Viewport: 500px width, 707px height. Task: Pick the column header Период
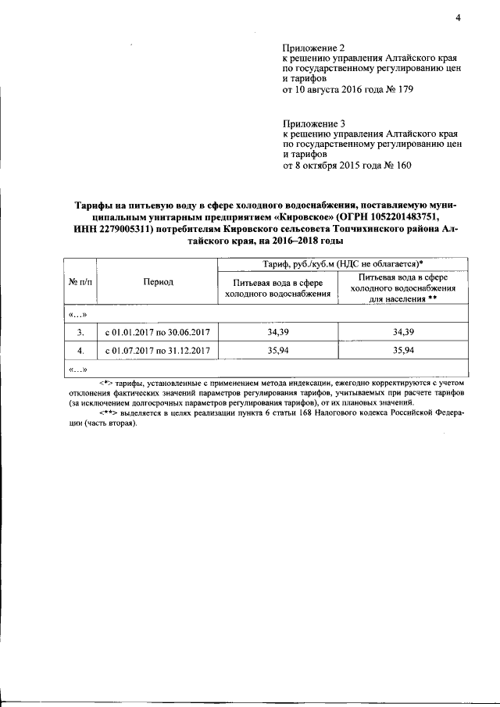(x=159, y=282)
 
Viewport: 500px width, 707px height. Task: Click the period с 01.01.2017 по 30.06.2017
(x=159, y=333)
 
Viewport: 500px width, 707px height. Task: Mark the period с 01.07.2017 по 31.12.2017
(x=159, y=351)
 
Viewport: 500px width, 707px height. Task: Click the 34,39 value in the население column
(x=403, y=333)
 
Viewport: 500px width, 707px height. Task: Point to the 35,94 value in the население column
(x=403, y=351)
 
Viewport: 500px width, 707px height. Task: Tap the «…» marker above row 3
(x=77, y=315)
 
